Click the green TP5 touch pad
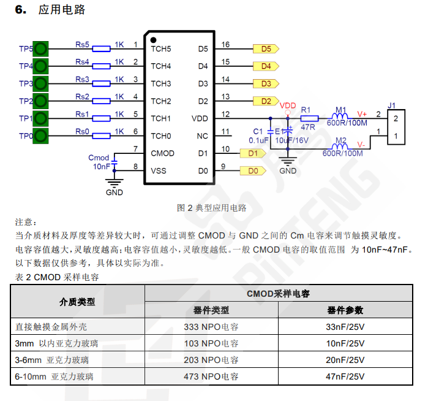41,48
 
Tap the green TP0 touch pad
41,136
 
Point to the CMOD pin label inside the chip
162,153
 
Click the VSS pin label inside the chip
159,171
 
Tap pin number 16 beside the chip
226,45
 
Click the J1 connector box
396,127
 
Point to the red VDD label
288,105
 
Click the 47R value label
308,128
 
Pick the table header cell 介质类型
77,302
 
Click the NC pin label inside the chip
203,136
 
